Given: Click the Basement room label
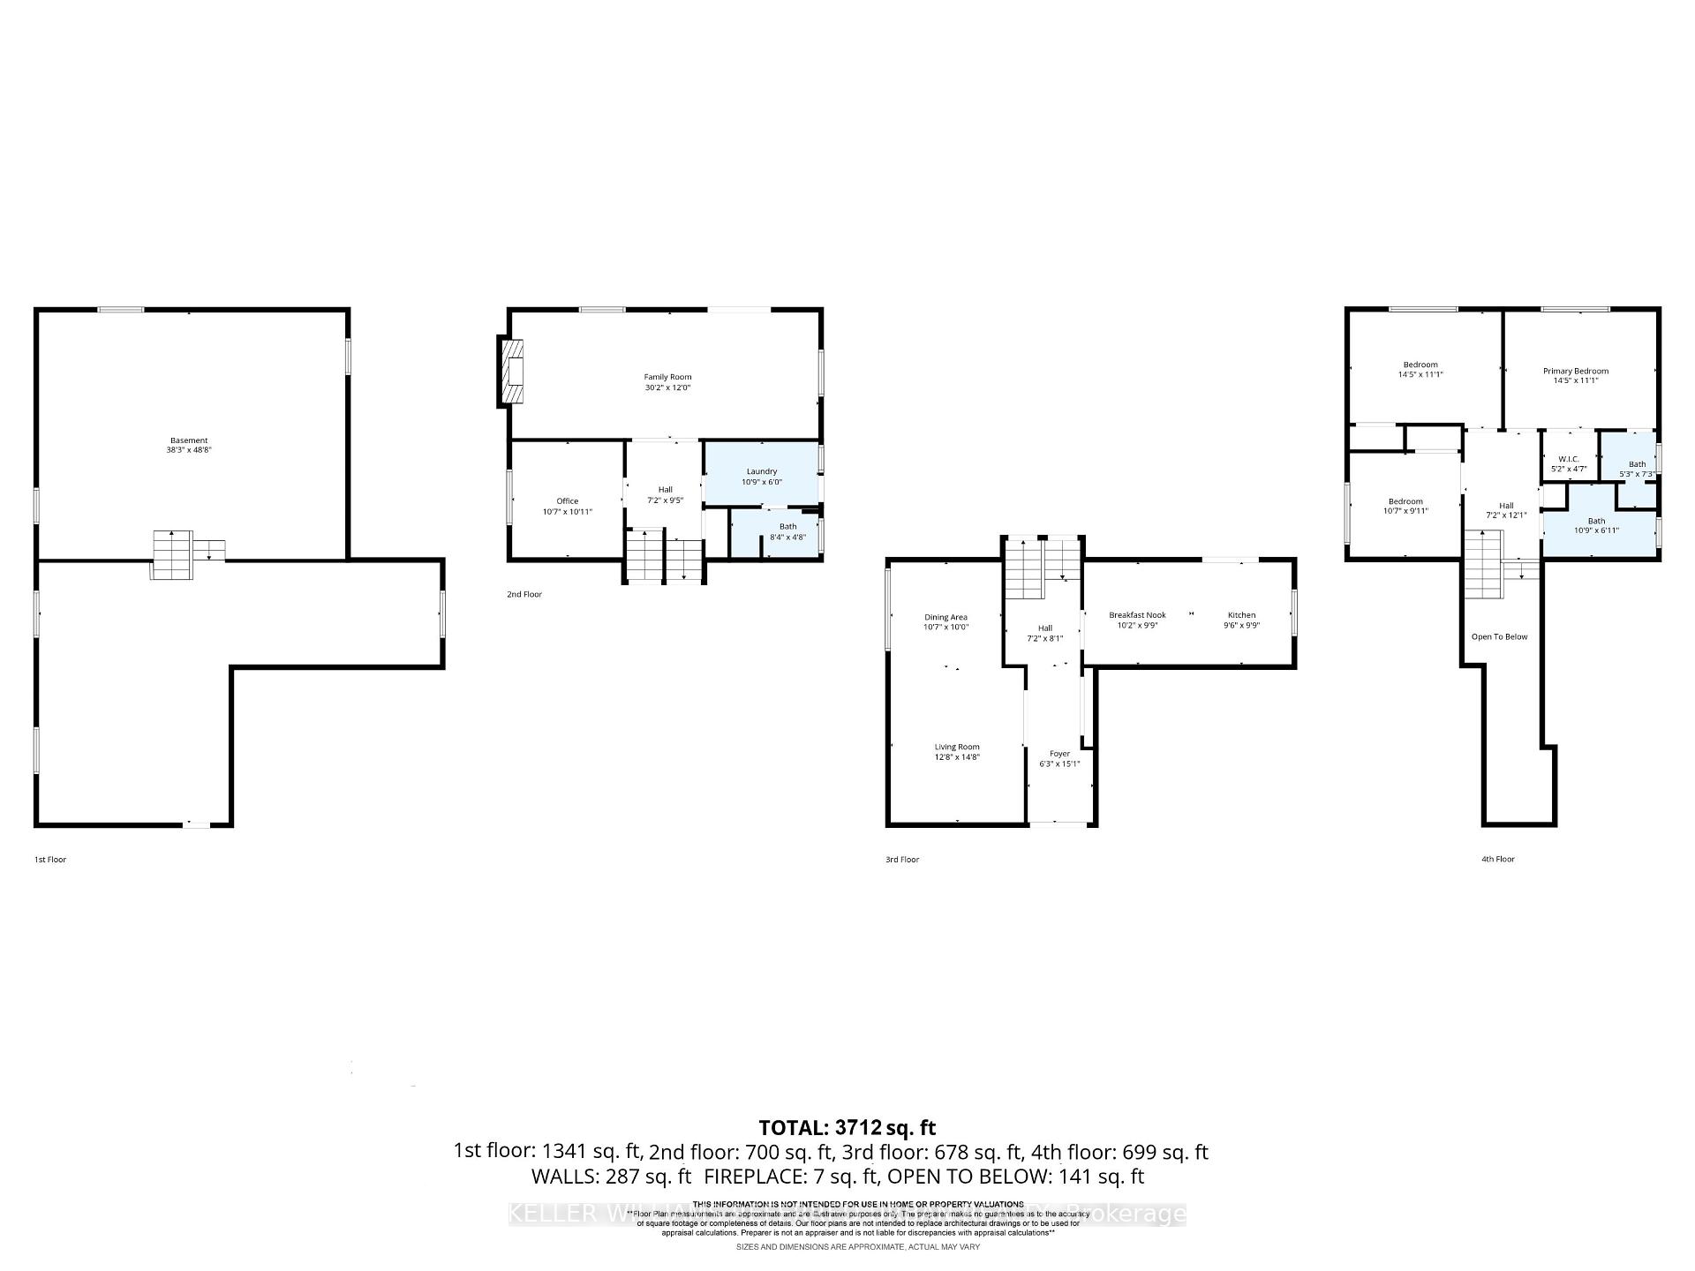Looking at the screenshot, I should (x=189, y=440).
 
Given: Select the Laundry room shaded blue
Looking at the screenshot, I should (x=761, y=477).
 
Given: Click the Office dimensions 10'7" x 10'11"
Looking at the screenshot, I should (x=567, y=512).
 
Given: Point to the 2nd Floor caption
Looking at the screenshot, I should (x=524, y=594).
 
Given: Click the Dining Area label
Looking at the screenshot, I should (x=945, y=617).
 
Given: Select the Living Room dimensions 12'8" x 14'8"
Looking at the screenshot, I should (x=957, y=757).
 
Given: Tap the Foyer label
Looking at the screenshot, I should (x=1059, y=754).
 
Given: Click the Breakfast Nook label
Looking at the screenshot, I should (x=1137, y=615).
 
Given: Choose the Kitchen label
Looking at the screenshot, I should (x=1241, y=615).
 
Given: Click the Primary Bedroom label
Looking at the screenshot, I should (x=1575, y=371).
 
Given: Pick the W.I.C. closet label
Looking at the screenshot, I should (x=1568, y=459).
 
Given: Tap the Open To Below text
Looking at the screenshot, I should (x=1499, y=636).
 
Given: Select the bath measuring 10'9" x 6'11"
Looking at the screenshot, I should (x=1597, y=526).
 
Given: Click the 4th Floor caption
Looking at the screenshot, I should (x=1498, y=859).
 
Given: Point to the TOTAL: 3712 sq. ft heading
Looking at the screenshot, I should (x=847, y=1127).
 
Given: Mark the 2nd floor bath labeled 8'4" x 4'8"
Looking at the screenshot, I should (x=787, y=531).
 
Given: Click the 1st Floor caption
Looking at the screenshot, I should (x=50, y=859).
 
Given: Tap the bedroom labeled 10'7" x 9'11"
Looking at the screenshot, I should (x=1405, y=506).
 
